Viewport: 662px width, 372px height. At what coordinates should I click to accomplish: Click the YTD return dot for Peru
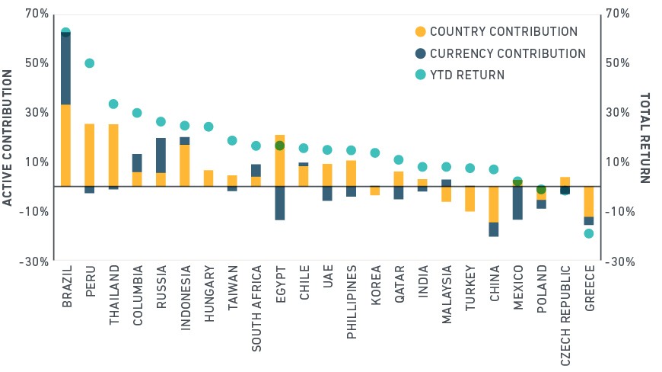[x=90, y=63]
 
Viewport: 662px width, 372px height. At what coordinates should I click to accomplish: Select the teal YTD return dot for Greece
[x=588, y=233]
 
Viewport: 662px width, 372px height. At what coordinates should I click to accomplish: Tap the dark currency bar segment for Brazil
[x=65, y=69]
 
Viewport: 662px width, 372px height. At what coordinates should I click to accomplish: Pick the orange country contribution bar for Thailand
[x=113, y=156]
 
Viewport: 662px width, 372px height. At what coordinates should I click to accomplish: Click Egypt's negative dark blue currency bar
[x=279, y=204]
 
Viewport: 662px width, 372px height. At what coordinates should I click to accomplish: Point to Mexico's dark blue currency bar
[x=517, y=203]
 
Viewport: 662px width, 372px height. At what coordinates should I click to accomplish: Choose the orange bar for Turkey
[x=470, y=199]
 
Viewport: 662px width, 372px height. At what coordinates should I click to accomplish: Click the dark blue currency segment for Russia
[x=161, y=156]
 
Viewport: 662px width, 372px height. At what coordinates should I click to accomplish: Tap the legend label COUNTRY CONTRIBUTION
[x=504, y=32]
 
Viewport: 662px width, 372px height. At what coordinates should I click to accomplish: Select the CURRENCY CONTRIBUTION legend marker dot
[x=421, y=53]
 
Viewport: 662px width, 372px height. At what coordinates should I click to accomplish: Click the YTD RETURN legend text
[x=467, y=75]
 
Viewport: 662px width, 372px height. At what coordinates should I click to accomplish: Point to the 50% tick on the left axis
[x=37, y=63]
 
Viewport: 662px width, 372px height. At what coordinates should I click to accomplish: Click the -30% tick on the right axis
[x=620, y=261]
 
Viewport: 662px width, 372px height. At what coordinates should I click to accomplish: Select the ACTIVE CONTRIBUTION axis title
[x=7, y=138]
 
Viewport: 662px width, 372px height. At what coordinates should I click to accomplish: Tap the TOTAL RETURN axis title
[x=644, y=138]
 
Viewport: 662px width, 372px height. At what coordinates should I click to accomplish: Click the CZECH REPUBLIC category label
[x=565, y=316]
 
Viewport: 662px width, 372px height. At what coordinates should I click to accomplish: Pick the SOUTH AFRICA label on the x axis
[x=256, y=309]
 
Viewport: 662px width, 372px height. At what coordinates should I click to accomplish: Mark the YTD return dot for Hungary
[x=208, y=127]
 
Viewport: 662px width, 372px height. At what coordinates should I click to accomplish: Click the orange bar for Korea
[x=375, y=191]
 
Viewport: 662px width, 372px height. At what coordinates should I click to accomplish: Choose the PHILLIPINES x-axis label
[x=352, y=302]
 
